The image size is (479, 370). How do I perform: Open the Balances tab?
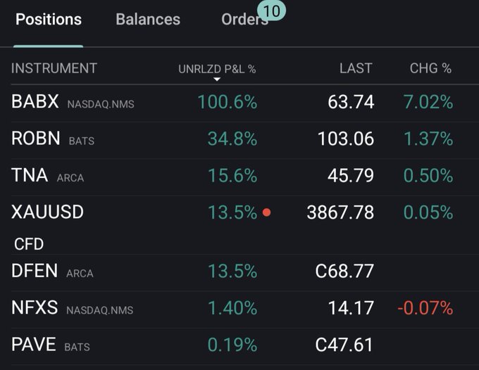148,20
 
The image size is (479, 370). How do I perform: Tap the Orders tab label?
244,20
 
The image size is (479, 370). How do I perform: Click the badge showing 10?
271,11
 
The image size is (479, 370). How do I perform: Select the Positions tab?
49,20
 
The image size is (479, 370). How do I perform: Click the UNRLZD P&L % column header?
217,69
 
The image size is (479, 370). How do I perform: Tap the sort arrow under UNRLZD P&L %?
217,79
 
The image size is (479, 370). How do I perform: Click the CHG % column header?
430,68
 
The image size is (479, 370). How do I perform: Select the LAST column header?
356,68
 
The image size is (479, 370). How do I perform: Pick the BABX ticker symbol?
35,102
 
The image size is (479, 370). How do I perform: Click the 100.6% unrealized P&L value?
227,102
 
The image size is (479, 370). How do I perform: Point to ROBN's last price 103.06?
346,139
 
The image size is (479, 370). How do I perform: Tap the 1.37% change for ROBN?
428,139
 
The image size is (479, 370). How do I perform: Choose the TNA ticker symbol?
30,176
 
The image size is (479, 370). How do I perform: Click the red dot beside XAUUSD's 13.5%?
266,212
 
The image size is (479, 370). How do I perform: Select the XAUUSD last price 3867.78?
340,212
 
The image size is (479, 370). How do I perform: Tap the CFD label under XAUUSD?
29,244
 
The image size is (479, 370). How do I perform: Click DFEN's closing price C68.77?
345,271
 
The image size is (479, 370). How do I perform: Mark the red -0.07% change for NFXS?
425,308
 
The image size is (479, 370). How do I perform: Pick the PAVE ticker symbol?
34,345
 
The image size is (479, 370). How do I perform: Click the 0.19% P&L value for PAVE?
232,345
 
